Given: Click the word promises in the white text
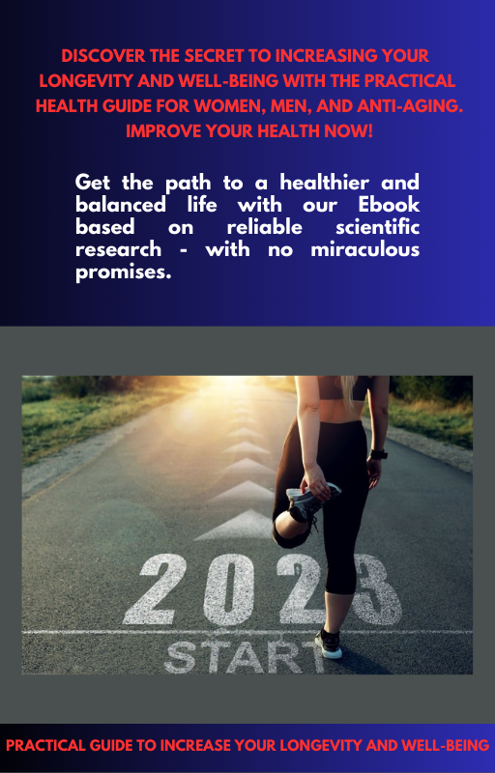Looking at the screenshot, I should [x=120, y=272].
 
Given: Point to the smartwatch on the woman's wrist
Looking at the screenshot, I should [x=379, y=453].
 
